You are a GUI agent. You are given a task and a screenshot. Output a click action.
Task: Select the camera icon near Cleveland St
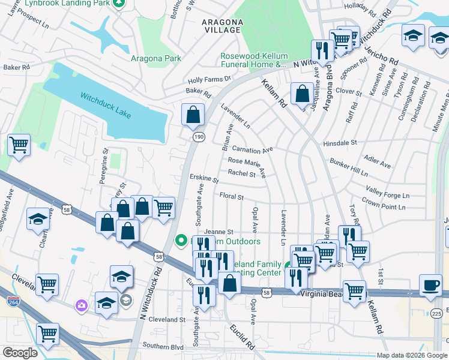pyautogui.click(x=81, y=306)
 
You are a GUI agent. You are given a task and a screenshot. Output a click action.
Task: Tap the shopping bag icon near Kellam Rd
pyautogui.click(x=301, y=94)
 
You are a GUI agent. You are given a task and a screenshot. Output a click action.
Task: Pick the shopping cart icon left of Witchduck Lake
pyautogui.click(x=19, y=145)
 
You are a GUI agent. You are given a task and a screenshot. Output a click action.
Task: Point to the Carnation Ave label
pyautogui.click(x=252, y=149)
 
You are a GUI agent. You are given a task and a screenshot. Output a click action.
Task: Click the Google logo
pyautogui.click(x=20, y=353)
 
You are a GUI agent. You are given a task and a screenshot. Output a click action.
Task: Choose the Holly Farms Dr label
pyautogui.click(x=209, y=79)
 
